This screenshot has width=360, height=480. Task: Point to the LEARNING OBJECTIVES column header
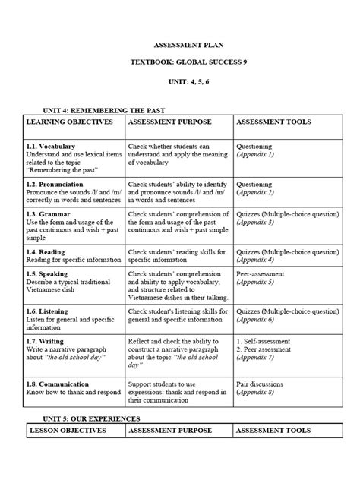pyautogui.click(x=69, y=122)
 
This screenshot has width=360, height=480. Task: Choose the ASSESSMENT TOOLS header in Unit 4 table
pyautogui.click(x=273, y=122)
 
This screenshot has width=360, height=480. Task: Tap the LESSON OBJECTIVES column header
pyautogui.click(x=67, y=431)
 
